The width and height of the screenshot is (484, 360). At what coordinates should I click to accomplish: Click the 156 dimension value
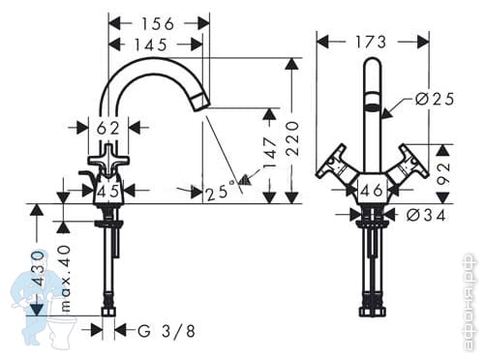click(x=158, y=24)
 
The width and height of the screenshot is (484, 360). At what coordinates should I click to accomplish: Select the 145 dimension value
click(x=151, y=45)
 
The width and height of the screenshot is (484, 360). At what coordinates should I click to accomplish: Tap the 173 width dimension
click(x=371, y=42)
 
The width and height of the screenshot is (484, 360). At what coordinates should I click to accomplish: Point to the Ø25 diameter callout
click(x=435, y=99)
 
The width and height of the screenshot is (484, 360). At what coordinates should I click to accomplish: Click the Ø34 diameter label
click(x=426, y=215)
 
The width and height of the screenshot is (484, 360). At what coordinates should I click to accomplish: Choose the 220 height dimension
click(x=293, y=138)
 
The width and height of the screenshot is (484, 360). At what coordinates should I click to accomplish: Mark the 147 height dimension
click(x=270, y=152)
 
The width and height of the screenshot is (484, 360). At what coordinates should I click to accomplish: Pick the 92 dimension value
click(x=444, y=173)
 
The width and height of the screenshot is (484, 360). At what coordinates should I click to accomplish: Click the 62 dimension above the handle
click(x=108, y=129)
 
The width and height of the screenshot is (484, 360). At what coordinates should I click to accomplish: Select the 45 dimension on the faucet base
click(x=108, y=192)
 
